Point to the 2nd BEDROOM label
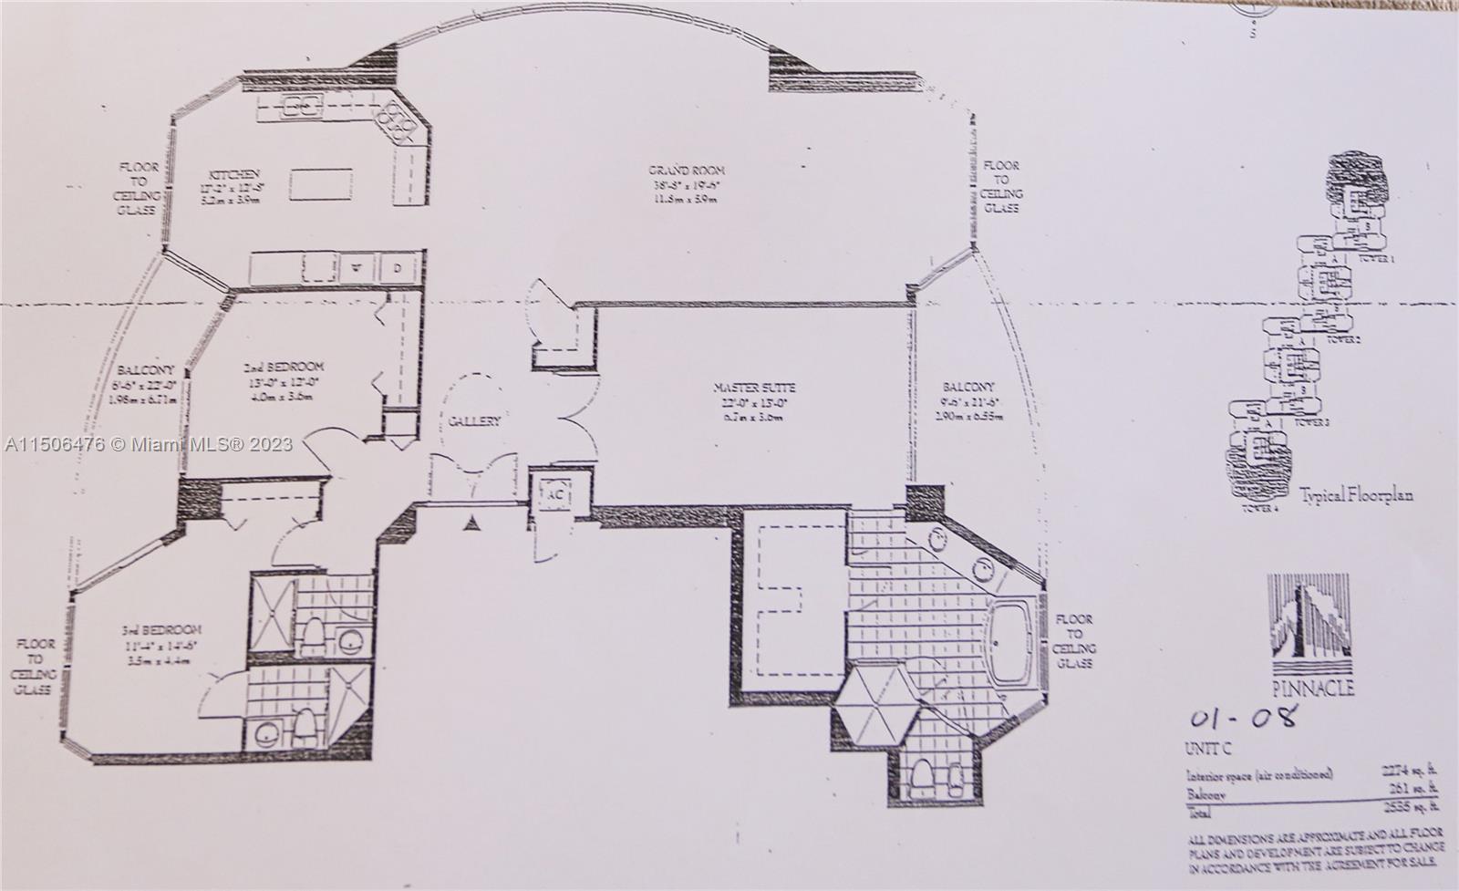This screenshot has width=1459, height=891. (x=284, y=368)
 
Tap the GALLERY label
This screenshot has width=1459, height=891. (x=473, y=421)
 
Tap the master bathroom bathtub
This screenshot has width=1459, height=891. (x=1010, y=647)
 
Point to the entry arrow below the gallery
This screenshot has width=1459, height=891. (x=472, y=523)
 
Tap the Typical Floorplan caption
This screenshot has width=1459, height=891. (x=1356, y=496)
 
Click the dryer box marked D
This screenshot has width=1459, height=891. (x=398, y=269)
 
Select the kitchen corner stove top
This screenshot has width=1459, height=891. (x=398, y=122)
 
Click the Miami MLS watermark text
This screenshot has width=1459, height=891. (x=149, y=444)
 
